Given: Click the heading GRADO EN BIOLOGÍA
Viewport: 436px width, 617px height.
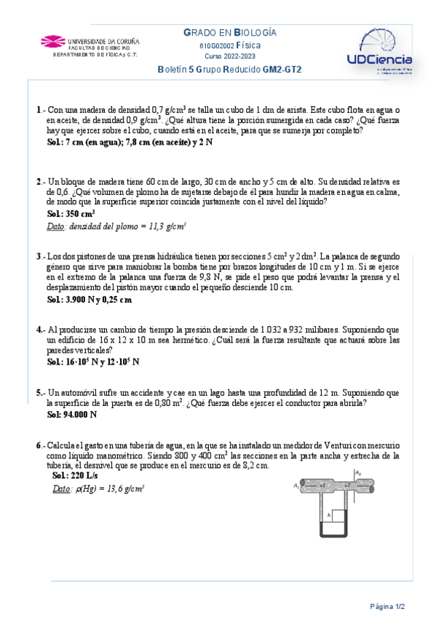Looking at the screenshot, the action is (x=229, y=33).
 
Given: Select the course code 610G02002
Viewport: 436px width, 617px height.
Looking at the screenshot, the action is (x=218, y=45).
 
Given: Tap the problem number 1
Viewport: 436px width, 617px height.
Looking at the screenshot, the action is (x=38, y=110).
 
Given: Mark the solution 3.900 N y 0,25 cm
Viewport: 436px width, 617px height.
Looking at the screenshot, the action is (x=89, y=299).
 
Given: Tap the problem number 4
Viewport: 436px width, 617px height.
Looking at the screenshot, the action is (x=39, y=330).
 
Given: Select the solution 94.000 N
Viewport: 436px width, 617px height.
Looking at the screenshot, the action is (x=72, y=415).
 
